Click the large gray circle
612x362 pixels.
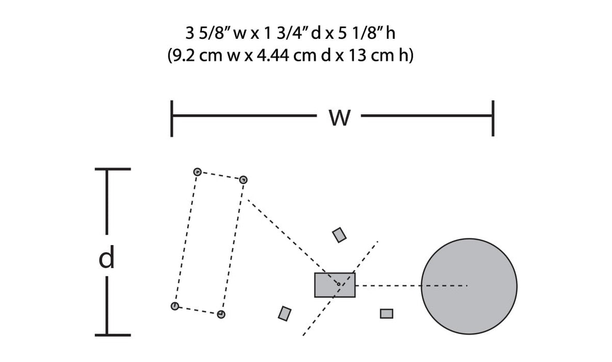coord(469,286)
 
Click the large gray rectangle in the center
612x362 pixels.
coord(335,285)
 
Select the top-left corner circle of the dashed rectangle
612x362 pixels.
coord(196,172)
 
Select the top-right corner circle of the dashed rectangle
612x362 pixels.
coord(244,179)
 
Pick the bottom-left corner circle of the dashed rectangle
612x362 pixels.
coord(175,306)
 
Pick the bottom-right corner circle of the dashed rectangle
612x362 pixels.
coord(221,314)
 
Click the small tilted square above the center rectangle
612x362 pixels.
coord(339,235)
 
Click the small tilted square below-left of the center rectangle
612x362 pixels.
coord(284,313)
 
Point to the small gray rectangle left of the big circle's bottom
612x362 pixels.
coord(386,313)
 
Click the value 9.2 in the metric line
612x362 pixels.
coord(185,55)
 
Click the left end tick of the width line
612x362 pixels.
coord(171,118)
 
